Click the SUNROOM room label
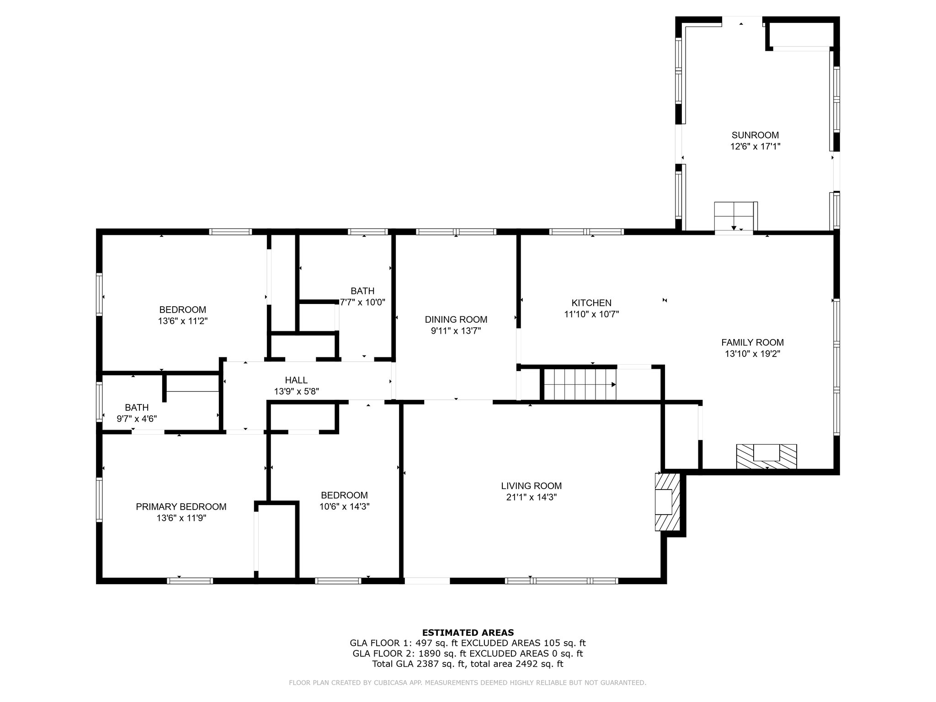[x=755, y=135]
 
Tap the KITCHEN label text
[x=591, y=303]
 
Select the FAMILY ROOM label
[x=752, y=342]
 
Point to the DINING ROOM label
[x=456, y=319]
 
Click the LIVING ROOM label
[x=531, y=486]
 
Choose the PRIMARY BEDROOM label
[x=181, y=506]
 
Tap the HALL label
[x=296, y=380]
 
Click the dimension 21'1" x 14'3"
[x=531, y=497]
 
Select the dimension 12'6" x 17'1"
[x=755, y=147]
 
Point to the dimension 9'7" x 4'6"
[x=137, y=418]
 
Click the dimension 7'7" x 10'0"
[x=363, y=302]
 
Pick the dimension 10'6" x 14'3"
[x=344, y=506]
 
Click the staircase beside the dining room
[x=579, y=385]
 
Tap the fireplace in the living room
[x=668, y=502]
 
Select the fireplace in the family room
[x=766, y=457]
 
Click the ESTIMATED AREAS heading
[x=468, y=633]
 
